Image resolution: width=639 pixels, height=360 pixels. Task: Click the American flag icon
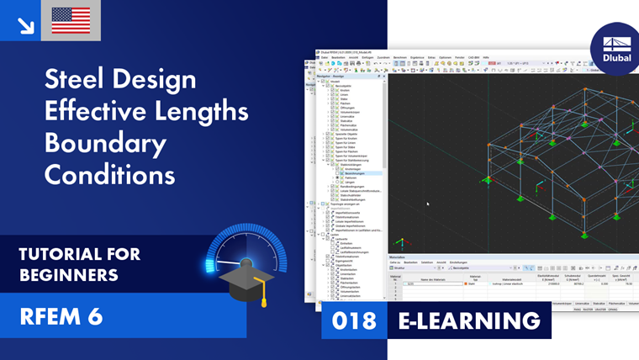pos(71,20)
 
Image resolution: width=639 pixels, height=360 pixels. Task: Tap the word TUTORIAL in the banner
pos(61,253)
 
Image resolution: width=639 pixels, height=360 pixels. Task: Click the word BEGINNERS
pos(68,275)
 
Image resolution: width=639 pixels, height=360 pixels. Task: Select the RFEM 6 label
pos(61,316)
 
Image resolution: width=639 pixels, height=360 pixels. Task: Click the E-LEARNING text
pos(468,320)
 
